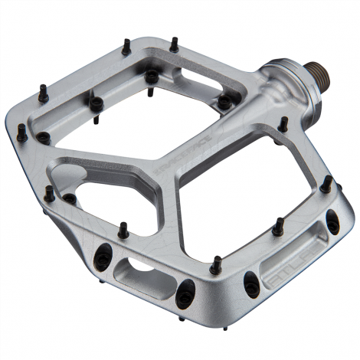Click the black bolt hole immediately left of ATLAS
tap(251, 285)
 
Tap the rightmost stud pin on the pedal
tap(326, 184)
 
